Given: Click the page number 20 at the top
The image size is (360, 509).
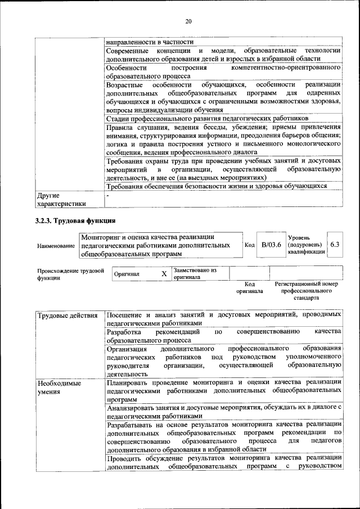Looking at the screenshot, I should pos(188,21).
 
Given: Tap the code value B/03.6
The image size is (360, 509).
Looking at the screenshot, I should pos(271,245).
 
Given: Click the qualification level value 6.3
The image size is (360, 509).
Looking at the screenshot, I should pos(335,245).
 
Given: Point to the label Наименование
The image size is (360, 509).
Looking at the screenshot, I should pos(55,246).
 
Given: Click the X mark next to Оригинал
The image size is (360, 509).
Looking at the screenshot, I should pos(164,274).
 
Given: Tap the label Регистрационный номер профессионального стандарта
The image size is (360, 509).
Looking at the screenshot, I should pos(307,291).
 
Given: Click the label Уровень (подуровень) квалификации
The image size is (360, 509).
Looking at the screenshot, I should pos(305,245).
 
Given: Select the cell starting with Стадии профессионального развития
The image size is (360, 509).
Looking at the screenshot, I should pos(207,119).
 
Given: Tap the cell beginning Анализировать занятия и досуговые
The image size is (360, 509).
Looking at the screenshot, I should pos(223,411).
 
